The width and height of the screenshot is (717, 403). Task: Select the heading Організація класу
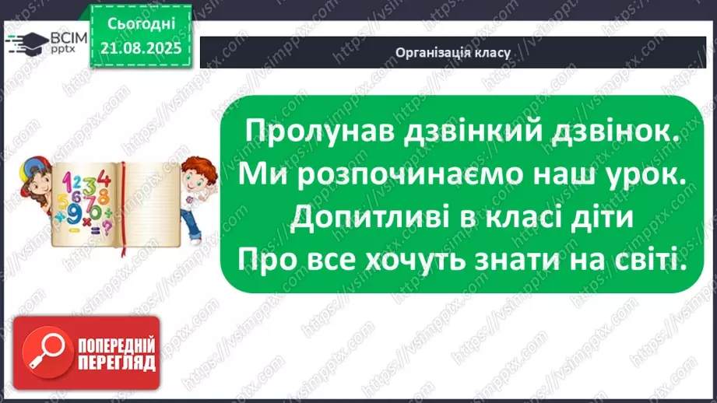(452, 54)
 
